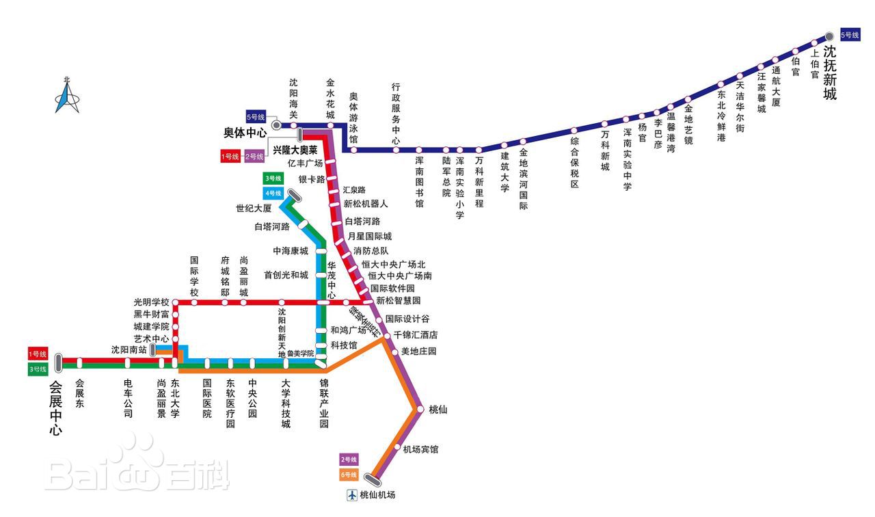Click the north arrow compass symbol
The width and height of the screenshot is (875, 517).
(x=67, y=96)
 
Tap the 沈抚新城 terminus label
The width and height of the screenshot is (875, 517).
(x=829, y=72)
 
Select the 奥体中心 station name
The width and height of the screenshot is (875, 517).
(x=245, y=133)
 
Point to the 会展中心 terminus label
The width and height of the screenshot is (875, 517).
(x=55, y=408)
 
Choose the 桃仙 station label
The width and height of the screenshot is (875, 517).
(x=437, y=409)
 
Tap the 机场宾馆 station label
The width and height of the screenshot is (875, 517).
(x=420, y=449)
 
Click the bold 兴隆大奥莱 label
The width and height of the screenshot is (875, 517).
(x=295, y=149)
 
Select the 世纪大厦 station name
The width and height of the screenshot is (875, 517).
(x=254, y=208)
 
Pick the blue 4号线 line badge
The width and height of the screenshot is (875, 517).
(x=273, y=193)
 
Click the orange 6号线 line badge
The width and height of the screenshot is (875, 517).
(x=349, y=474)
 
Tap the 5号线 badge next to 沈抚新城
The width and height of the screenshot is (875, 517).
(x=850, y=35)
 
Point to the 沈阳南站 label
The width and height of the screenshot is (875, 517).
(x=129, y=349)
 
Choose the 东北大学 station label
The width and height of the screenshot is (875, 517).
(x=176, y=399)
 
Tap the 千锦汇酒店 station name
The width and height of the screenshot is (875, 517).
(x=415, y=335)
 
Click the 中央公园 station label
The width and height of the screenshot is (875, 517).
(x=252, y=399)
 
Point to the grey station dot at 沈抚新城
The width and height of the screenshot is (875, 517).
(x=829, y=36)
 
